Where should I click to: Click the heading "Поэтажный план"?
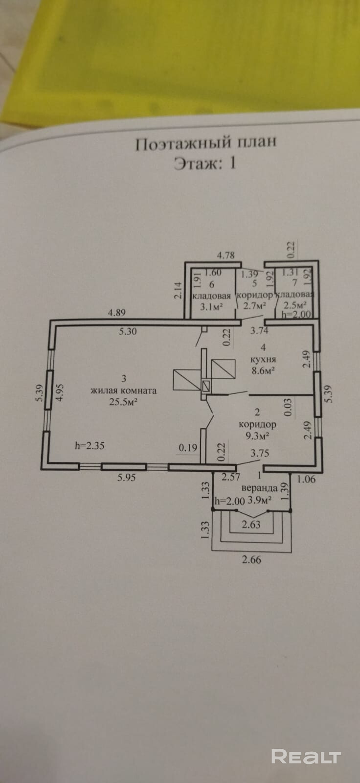[x=206, y=143]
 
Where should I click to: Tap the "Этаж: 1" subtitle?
[x=205, y=163]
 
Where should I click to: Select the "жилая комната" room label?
[x=124, y=391]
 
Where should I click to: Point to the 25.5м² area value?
[x=123, y=402]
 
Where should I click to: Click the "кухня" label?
[x=263, y=359]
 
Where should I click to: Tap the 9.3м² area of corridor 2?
[x=257, y=436]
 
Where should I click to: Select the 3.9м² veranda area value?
[x=260, y=500]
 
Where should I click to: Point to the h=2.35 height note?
[x=90, y=446]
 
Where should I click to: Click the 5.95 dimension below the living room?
[x=126, y=477]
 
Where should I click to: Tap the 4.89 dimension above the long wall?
[x=116, y=313]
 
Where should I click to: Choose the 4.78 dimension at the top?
[x=226, y=255]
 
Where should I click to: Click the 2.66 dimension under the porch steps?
[x=251, y=559]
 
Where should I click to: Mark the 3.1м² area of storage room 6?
[x=211, y=307]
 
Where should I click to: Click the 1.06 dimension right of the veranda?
[x=306, y=479]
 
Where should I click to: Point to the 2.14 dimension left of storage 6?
[x=178, y=291]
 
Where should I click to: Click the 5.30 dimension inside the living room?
[x=128, y=331]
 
